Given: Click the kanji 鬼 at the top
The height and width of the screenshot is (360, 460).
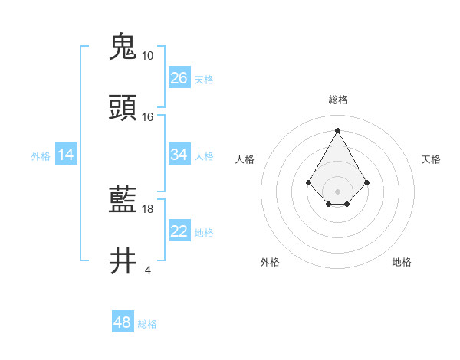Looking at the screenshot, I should [123, 47].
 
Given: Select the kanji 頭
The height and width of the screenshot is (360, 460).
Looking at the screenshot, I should [123, 108].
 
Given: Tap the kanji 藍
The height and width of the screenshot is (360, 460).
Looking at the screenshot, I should [123, 201].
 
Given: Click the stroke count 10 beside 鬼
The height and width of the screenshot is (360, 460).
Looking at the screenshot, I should [147, 56].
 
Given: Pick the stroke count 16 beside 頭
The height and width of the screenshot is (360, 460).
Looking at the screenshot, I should [147, 117].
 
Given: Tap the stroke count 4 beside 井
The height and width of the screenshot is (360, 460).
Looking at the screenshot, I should [147, 270].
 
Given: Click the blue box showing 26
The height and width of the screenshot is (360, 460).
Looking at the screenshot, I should [179, 78].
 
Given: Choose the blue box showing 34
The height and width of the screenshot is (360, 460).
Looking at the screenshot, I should [179, 155].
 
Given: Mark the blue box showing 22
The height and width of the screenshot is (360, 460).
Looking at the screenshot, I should [179, 231].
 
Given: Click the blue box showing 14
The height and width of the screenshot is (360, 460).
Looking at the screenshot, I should [66, 155].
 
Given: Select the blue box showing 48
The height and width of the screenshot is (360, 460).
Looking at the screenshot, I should [123, 322].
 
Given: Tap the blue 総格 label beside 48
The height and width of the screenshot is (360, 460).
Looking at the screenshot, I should [147, 324].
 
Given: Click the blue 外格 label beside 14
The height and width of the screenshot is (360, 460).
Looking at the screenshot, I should [41, 156].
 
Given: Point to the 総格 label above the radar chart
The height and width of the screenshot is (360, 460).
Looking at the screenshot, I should [337, 100].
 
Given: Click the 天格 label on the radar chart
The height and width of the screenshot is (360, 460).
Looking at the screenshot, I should [431, 159].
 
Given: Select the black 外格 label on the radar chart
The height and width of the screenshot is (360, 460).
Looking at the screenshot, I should [270, 262].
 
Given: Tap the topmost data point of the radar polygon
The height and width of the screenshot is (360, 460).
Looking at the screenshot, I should [337, 130].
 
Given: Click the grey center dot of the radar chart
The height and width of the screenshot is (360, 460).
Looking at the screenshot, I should [337, 191].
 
